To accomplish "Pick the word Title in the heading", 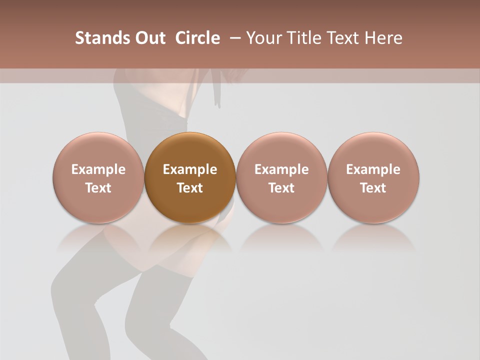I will (299, 38).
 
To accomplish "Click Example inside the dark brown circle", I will (190, 169).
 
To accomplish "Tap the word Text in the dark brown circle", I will (190, 188).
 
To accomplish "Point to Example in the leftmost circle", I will (98, 169).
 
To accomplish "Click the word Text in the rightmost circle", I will (373, 188).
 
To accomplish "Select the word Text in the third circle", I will (281, 188).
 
